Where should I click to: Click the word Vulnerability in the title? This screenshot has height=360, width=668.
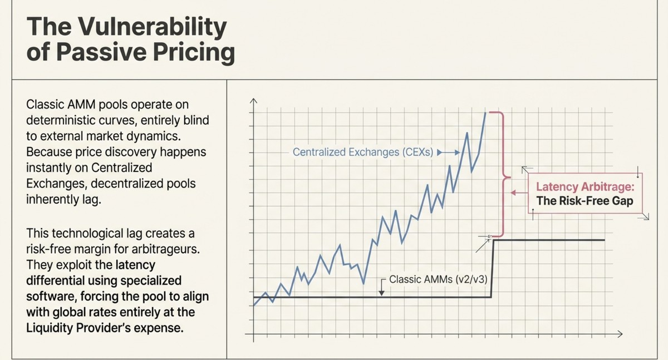(x=153, y=27)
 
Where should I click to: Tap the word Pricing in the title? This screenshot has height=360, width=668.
(x=194, y=53)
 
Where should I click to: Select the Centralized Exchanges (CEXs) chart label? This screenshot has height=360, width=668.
(x=362, y=152)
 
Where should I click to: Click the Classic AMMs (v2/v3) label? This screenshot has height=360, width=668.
(x=438, y=279)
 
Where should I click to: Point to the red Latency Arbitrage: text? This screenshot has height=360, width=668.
(x=585, y=187)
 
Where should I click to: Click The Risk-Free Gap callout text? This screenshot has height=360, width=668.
(x=584, y=201)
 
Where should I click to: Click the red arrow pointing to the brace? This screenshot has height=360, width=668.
(x=519, y=193)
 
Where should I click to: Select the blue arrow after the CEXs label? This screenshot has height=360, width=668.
(x=448, y=153)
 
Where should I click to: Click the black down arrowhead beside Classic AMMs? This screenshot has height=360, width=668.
(x=381, y=293)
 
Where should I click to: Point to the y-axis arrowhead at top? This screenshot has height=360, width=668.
(x=253, y=101)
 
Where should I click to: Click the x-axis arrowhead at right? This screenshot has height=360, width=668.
(x=620, y=334)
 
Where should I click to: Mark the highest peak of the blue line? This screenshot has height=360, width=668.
(x=485, y=113)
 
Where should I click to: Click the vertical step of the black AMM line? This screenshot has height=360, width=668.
(x=492, y=269)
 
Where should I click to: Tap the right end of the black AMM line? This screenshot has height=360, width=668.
(x=604, y=240)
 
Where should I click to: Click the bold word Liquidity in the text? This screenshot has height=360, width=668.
(x=49, y=328)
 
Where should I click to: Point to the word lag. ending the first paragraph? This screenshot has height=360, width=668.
(x=91, y=200)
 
